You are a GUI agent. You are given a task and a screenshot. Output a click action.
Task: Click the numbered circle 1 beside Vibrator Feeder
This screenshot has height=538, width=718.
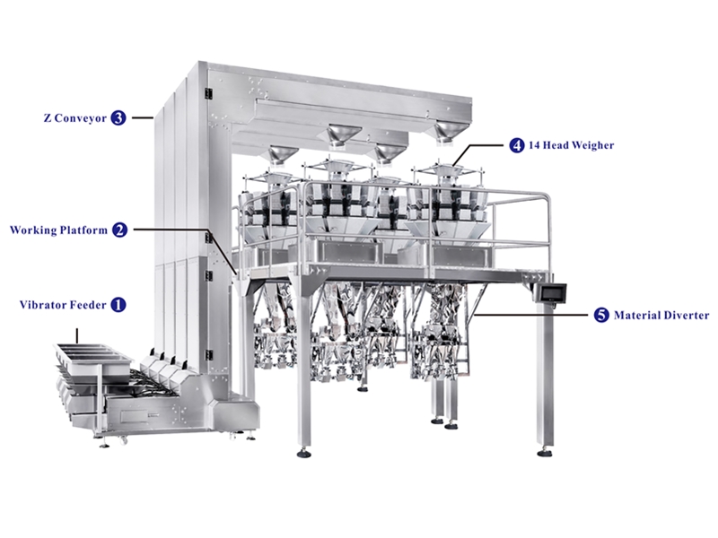point(118,305)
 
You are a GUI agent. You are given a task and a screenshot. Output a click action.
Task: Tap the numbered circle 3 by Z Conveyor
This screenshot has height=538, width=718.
point(118,117)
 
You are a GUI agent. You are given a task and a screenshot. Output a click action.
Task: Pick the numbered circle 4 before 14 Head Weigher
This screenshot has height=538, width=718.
point(517,144)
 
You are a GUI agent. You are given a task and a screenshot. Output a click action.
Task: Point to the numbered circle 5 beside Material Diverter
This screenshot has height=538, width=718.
point(600,316)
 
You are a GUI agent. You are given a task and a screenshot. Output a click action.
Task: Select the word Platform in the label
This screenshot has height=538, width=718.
point(83,230)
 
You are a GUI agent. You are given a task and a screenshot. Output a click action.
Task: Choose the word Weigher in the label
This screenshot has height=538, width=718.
point(591,144)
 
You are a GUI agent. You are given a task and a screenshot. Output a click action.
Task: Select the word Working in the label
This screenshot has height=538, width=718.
point(32,230)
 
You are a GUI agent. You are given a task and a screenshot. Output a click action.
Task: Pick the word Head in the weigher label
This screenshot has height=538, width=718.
point(558,144)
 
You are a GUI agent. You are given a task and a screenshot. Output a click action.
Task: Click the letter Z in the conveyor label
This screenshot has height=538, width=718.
point(46,117)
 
